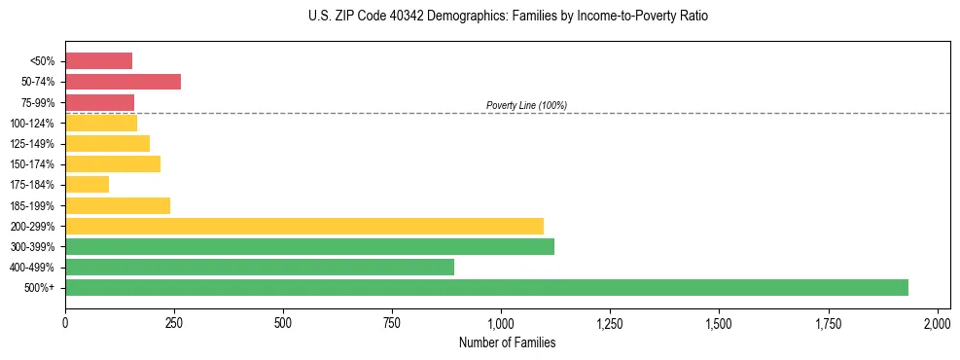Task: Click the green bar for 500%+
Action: tap(486, 287)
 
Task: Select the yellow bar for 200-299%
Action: tap(304, 226)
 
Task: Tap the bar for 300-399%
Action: tap(309, 246)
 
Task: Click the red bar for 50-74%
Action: tap(123, 82)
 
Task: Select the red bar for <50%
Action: tap(98, 61)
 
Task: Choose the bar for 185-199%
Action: tap(118, 205)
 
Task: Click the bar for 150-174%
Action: tap(113, 163)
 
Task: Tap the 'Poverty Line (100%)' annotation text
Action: tap(526, 105)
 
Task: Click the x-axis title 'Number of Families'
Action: tap(507, 342)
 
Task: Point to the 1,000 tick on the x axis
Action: tap(501, 323)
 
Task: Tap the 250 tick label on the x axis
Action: tap(174, 323)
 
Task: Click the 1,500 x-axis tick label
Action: tap(719, 323)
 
